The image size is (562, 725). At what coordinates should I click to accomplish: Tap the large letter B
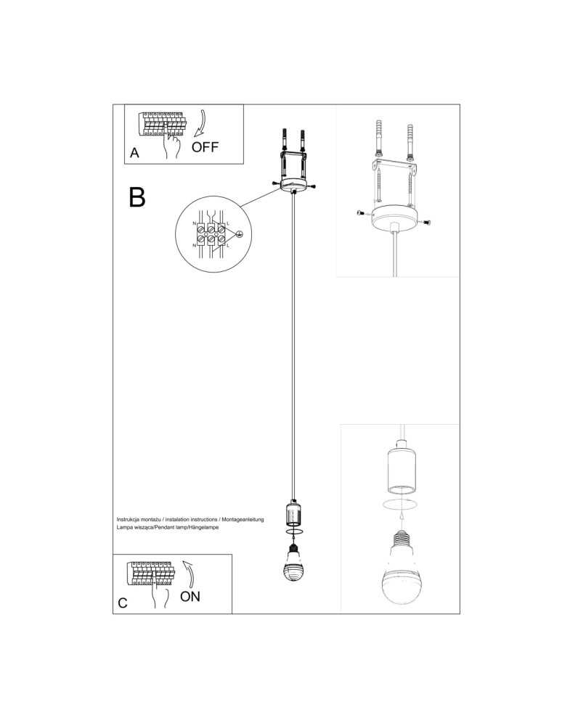click(137, 196)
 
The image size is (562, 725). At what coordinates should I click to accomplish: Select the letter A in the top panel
click(134, 154)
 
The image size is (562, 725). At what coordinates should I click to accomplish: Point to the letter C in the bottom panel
click(123, 602)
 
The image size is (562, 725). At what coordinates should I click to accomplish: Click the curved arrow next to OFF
click(200, 123)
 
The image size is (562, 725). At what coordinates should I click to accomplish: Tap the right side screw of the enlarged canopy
click(428, 222)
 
